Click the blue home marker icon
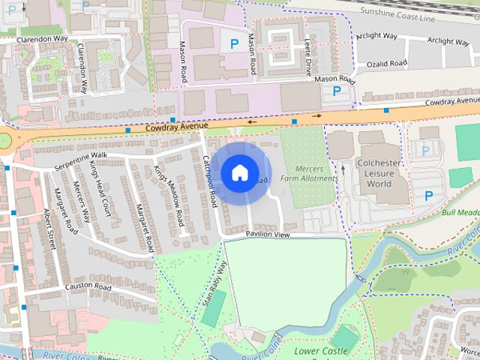pos(239,172)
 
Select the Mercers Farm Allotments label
pos(308,173)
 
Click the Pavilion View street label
pos(268,235)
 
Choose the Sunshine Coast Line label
pos(397,12)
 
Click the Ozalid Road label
pos(387,64)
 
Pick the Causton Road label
pos(88,287)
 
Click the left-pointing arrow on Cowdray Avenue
pos(251,121)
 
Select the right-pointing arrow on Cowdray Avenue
pos(318,116)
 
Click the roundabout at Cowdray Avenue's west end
pos(5,141)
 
